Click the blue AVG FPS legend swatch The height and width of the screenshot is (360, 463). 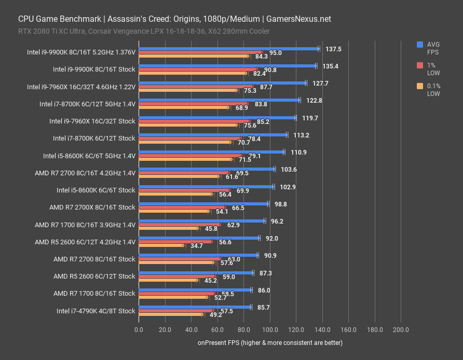click(x=420, y=45)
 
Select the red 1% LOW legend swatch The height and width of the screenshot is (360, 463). click(x=420, y=65)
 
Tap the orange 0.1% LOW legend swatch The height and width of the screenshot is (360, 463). click(x=420, y=86)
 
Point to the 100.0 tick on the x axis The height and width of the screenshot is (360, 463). click(x=270, y=329)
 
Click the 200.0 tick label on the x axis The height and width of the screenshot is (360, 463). click(x=401, y=329)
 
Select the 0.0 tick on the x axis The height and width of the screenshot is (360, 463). click(x=139, y=329)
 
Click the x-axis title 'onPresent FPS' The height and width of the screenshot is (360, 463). click(x=270, y=343)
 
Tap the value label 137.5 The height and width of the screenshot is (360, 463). click(x=333, y=49)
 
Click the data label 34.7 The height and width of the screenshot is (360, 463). click(x=197, y=246)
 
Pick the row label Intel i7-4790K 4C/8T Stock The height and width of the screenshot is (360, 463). click(x=96, y=311)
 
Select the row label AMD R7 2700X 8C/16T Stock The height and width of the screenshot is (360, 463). click(x=92, y=207)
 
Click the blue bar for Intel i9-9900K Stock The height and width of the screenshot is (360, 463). click(x=227, y=66)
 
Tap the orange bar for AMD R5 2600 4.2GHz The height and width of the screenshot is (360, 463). click(x=161, y=245)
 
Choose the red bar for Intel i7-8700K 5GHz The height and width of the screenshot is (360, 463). click(x=194, y=104)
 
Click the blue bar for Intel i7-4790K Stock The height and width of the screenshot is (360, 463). click(x=195, y=307)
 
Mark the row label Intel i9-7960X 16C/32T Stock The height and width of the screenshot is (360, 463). click(x=92, y=121)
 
